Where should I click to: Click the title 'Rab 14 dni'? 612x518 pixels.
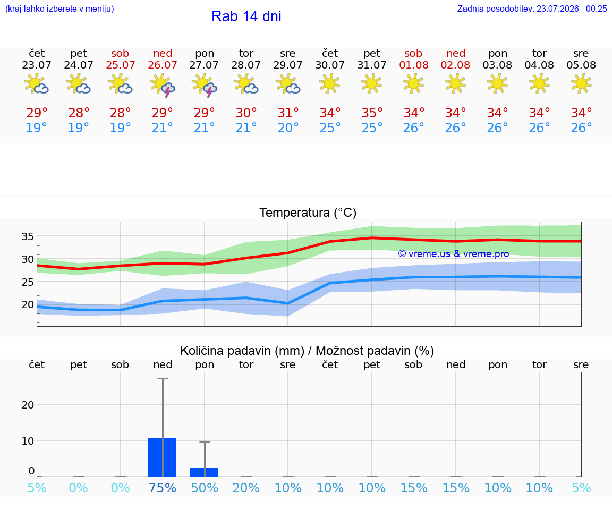pos(246,16)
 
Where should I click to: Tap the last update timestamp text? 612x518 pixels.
pos(532,9)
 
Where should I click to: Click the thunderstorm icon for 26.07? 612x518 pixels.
pos(163,85)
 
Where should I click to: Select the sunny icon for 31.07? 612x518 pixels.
pos(371,83)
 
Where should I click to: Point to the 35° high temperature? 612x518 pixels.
pos(371,113)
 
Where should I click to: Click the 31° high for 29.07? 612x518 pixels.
pos(288,113)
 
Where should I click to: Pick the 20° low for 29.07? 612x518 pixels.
pos(288,128)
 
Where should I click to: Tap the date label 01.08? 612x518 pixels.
pos(414,65)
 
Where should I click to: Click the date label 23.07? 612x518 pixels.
pos(37,65)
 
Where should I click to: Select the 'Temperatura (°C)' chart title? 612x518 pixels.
pos(308,213)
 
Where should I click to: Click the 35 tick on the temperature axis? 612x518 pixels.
pos(27,236)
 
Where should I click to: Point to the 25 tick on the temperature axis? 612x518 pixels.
pos(27,282)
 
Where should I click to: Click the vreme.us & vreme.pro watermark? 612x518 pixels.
pos(454,254)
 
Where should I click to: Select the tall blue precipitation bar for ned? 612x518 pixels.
pos(163,457)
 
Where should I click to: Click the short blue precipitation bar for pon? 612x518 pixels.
pos(204,472)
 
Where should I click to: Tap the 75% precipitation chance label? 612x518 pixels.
pos(163,488)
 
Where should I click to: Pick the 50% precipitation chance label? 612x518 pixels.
pos(205,488)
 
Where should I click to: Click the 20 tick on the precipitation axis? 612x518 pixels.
pos(28,405)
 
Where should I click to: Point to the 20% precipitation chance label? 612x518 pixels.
pos(246,488)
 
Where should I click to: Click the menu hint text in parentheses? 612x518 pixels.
pos(59,9)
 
